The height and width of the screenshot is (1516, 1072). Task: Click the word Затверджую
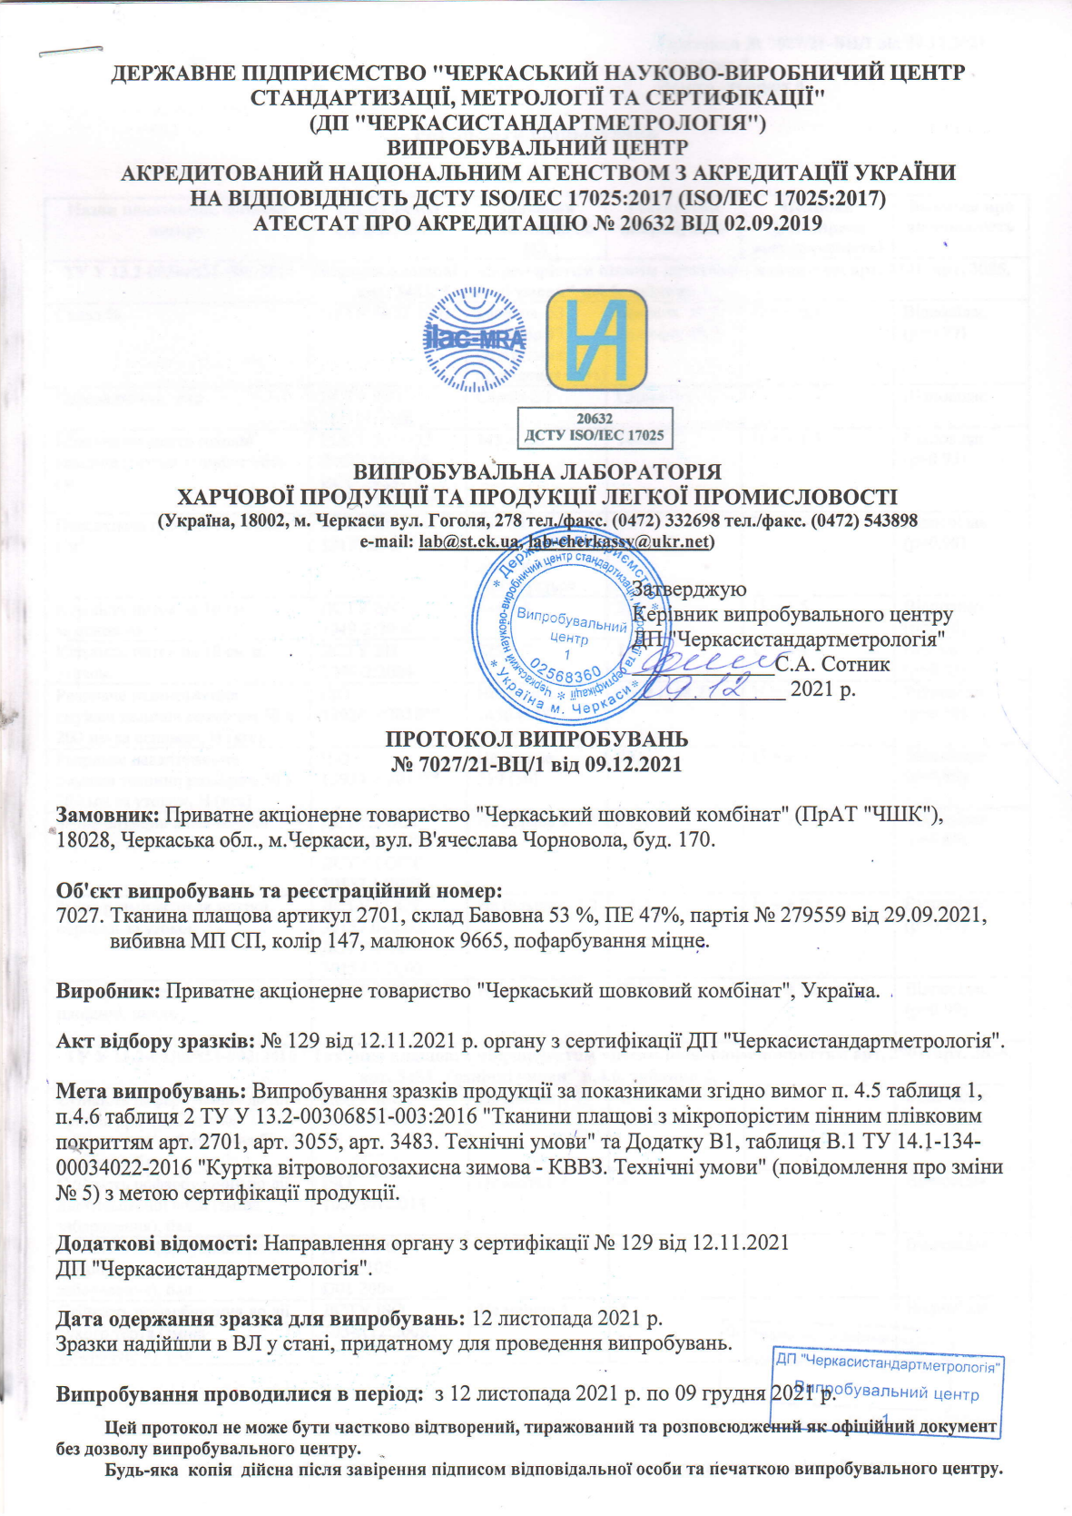coord(689,590)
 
